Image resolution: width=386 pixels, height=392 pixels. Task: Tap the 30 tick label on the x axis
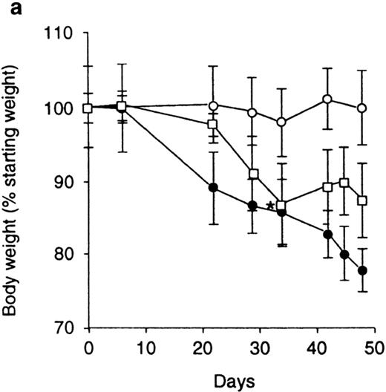(x=255, y=347)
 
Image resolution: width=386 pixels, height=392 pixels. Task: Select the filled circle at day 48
(x=362, y=270)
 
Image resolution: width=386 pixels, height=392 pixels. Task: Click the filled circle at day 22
(x=214, y=188)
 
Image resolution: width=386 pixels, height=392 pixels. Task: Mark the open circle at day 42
(x=327, y=99)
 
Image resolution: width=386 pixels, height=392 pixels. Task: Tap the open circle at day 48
(x=362, y=108)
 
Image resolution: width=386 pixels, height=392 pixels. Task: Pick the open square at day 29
(x=254, y=174)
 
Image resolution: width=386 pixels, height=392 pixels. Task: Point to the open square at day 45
(x=344, y=183)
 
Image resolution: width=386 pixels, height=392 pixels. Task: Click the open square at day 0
(x=88, y=108)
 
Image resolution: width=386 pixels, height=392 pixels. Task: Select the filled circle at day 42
(x=327, y=234)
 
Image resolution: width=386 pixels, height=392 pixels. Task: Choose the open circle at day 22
(x=214, y=105)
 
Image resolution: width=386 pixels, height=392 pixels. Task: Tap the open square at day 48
(x=362, y=200)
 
